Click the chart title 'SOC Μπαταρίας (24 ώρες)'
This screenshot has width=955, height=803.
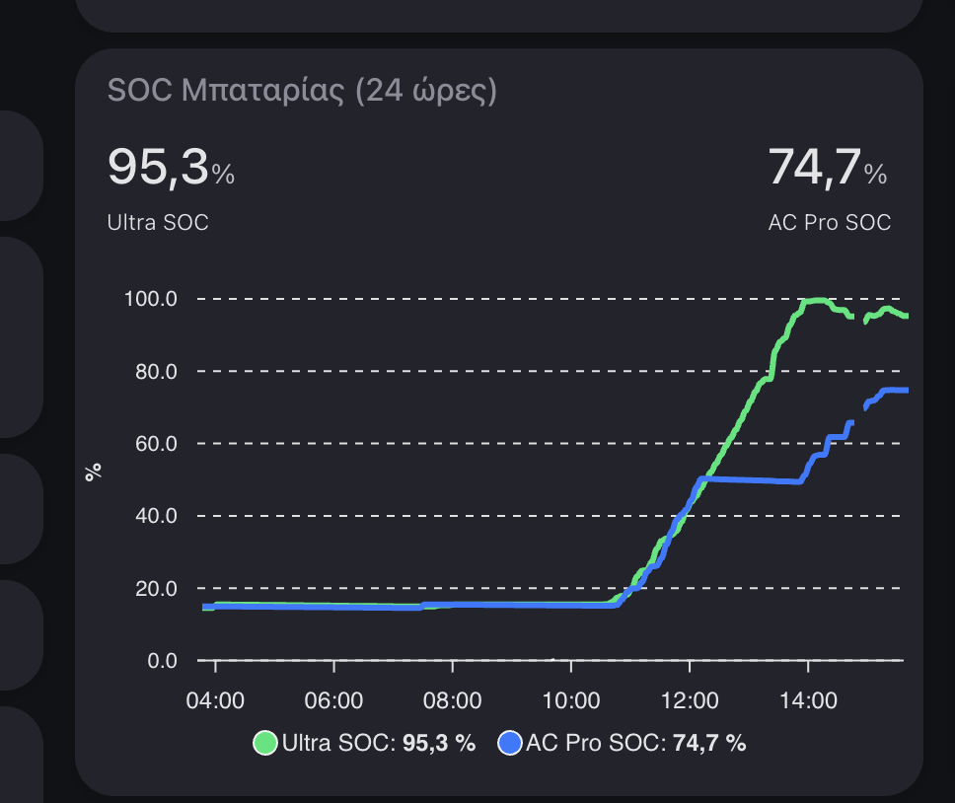[302, 92]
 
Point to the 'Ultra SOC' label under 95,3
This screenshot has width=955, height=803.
[158, 223]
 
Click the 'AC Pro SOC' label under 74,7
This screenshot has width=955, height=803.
[829, 223]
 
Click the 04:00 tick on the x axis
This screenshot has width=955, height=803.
[215, 700]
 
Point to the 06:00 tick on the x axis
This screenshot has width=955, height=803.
[333, 700]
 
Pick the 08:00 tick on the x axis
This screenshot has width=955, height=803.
[452, 700]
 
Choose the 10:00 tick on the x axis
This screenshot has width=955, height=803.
[571, 700]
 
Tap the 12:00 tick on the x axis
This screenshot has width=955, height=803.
[690, 700]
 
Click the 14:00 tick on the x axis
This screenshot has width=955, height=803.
[808, 700]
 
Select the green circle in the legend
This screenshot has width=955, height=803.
[265, 744]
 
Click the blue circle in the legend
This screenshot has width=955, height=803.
[510, 744]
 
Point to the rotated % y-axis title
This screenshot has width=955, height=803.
[94, 473]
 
